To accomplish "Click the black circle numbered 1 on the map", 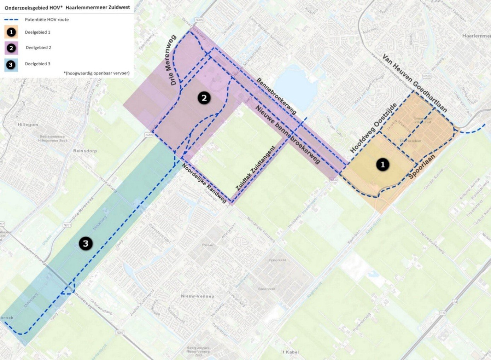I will click(382, 164).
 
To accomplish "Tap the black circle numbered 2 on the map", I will click(204, 98).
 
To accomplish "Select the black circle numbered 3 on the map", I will click(86, 243).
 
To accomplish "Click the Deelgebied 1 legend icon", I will click(11, 32).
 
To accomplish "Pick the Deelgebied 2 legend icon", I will click(11, 48).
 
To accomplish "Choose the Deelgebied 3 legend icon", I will click(11, 64).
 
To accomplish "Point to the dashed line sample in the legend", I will click(11, 19).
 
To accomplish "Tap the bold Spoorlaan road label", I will click(422, 166).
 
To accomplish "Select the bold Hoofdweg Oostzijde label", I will click(373, 128).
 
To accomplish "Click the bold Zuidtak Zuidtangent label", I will click(255, 169).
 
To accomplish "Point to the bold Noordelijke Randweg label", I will click(204, 183).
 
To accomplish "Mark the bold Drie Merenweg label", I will click(173, 60).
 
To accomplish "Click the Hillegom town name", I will click(28, 125).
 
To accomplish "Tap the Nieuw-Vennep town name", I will click(197, 296).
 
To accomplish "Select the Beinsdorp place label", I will click(85, 151).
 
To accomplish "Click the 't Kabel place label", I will click(290, 352).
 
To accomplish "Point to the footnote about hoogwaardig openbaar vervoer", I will click(97, 73).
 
